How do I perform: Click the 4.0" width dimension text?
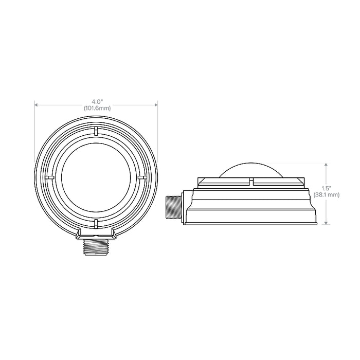coord(96,101)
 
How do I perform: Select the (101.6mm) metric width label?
coord(96,108)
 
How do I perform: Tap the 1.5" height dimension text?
coord(326,188)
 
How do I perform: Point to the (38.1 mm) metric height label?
coord(326,194)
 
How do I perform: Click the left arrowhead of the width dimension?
coord(36,105)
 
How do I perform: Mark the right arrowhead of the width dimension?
coord(156,105)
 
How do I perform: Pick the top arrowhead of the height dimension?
coord(326,165)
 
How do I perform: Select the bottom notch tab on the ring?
coord(96,223)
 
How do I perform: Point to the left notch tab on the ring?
coord(49,176)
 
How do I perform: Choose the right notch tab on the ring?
coord(142,176)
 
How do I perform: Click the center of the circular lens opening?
coord(96,176)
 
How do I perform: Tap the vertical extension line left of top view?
coord(34,134)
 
